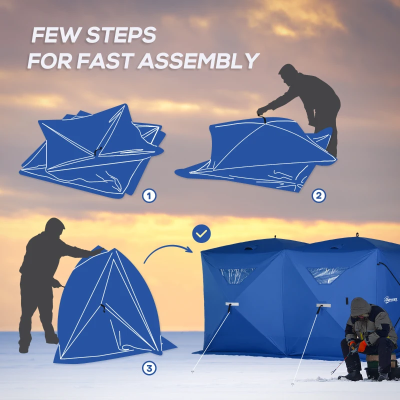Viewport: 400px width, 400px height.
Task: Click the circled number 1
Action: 148,195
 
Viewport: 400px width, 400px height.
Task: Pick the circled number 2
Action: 318,195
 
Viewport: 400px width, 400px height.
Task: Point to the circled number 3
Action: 148,368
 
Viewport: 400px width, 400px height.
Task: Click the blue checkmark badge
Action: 201,233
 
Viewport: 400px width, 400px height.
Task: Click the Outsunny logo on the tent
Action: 390,299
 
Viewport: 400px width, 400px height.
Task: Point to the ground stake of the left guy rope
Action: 193,371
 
